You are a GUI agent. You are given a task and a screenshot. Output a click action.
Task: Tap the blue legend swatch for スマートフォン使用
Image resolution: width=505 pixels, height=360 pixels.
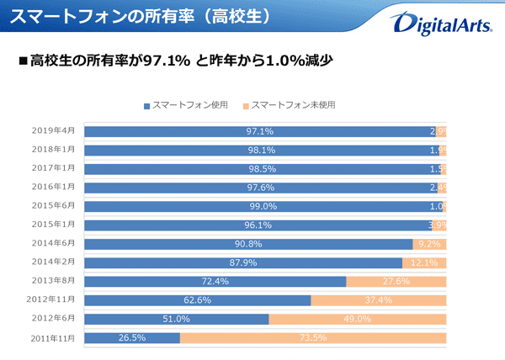pyautogui.click(x=147, y=106)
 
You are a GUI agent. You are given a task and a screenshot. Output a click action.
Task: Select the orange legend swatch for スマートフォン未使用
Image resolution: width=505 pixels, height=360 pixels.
pyautogui.click(x=245, y=106)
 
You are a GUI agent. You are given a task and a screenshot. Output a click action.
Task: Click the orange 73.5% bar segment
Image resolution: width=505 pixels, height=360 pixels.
pyautogui.click(x=312, y=338)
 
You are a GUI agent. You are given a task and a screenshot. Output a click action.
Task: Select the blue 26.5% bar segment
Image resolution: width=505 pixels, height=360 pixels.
pyautogui.click(x=132, y=338)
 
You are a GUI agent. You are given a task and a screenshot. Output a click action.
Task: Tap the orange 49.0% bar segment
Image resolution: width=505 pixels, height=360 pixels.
pyautogui.click(x=357, y=320)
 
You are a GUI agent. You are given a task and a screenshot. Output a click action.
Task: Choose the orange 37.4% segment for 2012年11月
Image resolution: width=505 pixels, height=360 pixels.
pyautogui.click(x=378, y=300)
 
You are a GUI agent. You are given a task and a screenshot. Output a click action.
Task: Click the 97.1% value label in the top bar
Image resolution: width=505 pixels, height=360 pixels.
pyautogui.click(x=260, y=131)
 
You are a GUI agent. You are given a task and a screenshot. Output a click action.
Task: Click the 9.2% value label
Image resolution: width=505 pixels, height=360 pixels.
pyautogui.click(x=429, y=244)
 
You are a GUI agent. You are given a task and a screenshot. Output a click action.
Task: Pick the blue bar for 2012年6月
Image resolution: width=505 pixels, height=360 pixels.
pyautogui.click(x=177, y=320)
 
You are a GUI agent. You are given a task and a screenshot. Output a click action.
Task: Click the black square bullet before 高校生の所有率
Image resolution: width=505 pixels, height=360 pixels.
pyautogui.click(x=23, y=61)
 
